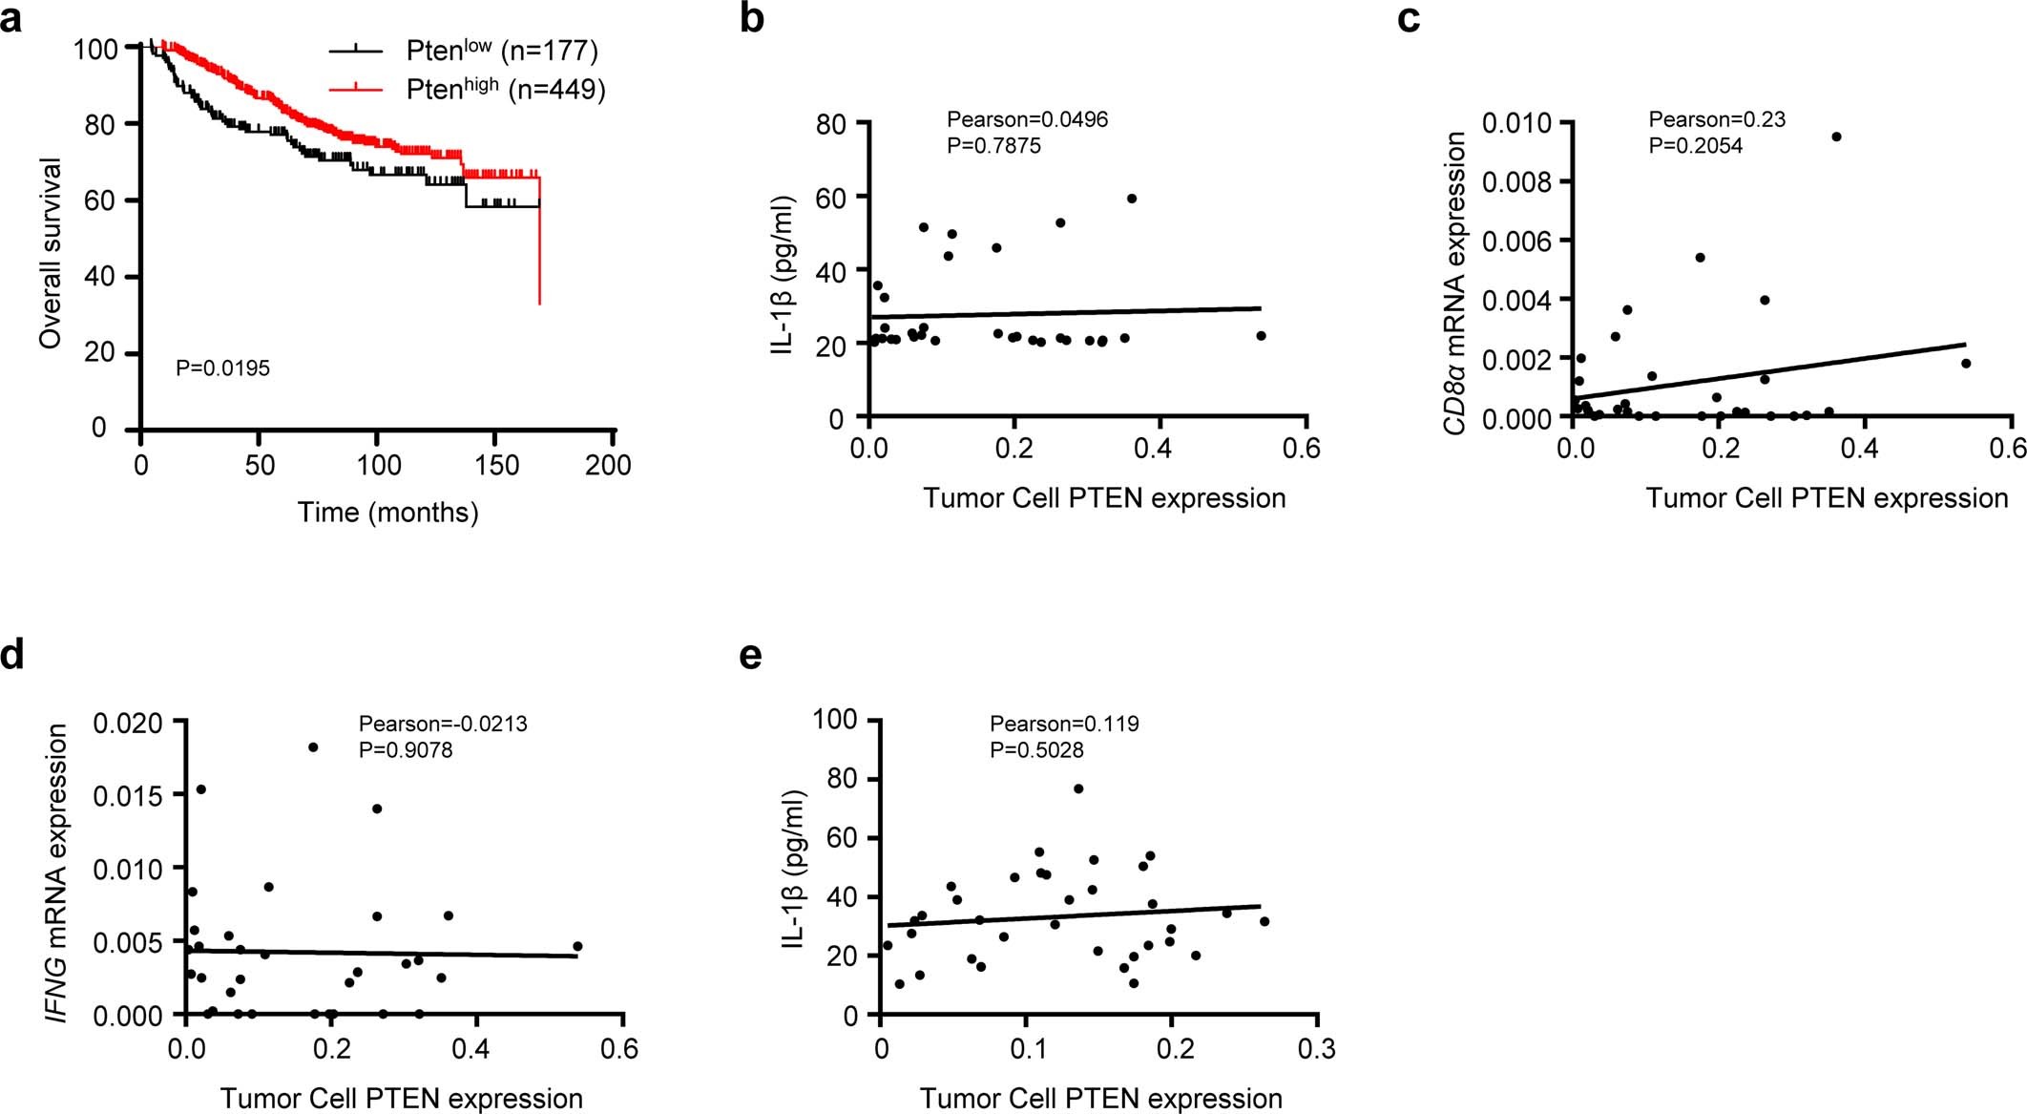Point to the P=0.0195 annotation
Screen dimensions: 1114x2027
pyautogui.click(x=222, y=368)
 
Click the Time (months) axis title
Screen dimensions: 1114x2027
pyautogui.click(x=387, y=513)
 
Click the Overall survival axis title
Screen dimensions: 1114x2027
pyautogui.click(x=51, y=253)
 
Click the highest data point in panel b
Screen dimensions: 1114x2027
pyautogui.click(x=1132, y=199)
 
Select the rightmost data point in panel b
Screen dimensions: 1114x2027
pyautogui.click(x=1261, y=336)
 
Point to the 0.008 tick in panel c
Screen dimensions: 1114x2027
pyautogui.click(x=1516, y=181)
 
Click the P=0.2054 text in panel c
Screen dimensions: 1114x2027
pyautogui.click(x=1695, y=146)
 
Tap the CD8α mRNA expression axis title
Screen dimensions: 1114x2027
pyautogui.click(x=1454, y=283)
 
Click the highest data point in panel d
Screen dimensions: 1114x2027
pyautogui.click(x=313, y=747)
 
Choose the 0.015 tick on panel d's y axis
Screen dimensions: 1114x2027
pyautogui.click(x=128, y=795)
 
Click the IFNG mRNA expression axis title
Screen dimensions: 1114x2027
pyautogui.click(x=58, y=872)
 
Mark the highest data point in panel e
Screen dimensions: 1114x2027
pyautogui.click(x=1078, y=788)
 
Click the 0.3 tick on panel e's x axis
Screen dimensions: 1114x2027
pyautogui.click(x=1318, y=1050)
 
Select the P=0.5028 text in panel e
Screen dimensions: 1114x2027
pyautogui.click(x=1036, y=750)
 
